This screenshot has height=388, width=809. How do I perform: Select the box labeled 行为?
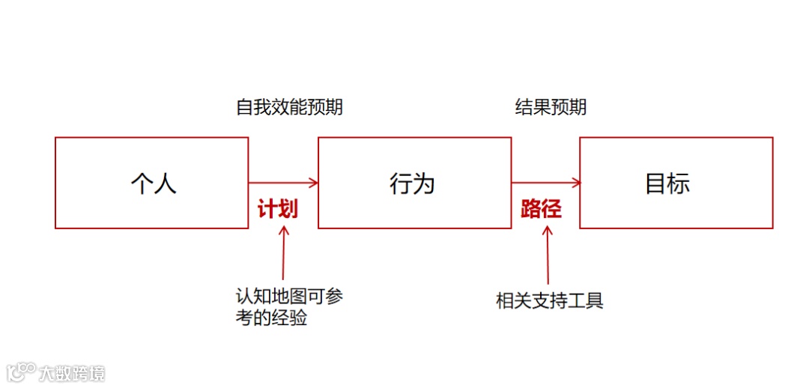(x=414, y=183)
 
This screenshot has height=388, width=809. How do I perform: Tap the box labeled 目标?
(x=676, y=183)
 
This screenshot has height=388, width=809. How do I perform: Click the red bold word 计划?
(x=278, y=209)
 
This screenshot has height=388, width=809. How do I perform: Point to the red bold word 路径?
(x=541, y=209)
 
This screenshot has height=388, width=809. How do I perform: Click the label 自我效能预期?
(x=289, y=107)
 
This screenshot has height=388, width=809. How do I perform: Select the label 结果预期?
(x=551, y=107)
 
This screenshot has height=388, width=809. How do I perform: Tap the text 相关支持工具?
(x=550, y=301)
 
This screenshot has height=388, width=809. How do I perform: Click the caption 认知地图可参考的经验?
(x=288, y=307)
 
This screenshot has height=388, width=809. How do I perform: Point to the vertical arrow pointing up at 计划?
(x=283, y=255)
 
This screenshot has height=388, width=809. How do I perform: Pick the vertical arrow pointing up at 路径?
(x=547, y=255)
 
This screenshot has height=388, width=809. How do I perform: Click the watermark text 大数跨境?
(x=72, y=372)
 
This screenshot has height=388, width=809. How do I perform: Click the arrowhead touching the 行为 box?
(x=313, y=182)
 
